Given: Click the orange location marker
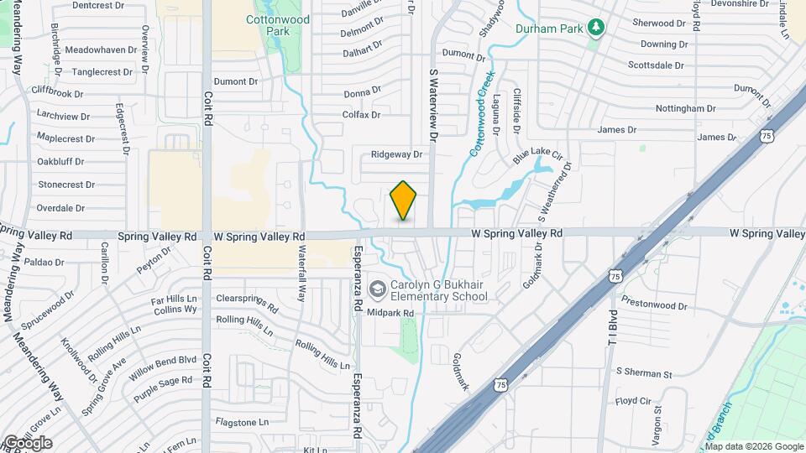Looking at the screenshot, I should (x=404, y=200).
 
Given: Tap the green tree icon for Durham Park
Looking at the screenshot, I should (x=596, y=28).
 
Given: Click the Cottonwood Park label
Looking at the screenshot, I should (x=278, y=25).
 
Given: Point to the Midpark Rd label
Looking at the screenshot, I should (x=391, y=313).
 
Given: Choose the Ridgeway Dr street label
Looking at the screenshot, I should (x=396, y=154).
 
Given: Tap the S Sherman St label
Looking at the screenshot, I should (x=644, y=372).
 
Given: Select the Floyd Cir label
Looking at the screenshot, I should (x=633, y=402).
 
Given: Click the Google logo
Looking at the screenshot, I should (x=27, y=443).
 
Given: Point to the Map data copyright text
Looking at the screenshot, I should (x=754, y=446).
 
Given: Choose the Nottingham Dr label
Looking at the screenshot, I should (x=685, y=109).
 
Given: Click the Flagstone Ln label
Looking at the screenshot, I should (x=241, y=422).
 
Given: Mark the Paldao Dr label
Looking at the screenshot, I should (x=44, y=263).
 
